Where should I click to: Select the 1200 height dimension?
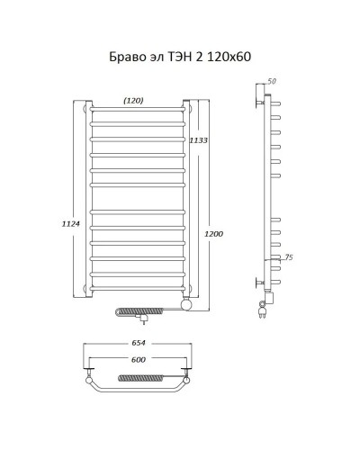tap(215, 234)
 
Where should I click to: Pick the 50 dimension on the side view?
tap(274, 82)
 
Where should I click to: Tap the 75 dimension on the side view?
tap(288, 257)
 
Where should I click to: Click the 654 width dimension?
tap(138, 343)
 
